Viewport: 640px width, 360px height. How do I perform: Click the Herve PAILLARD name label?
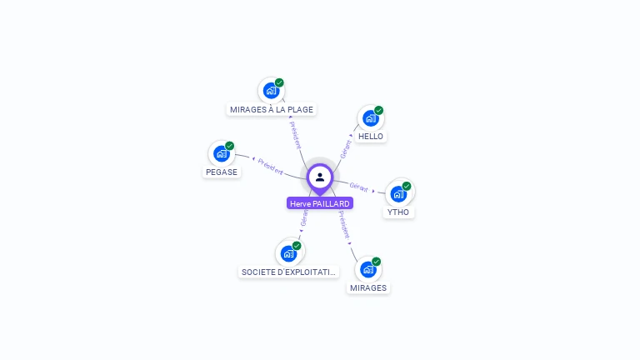(320, 203)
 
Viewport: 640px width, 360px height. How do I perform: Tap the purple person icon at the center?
(320, 177)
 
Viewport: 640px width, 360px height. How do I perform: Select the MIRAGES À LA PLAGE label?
(272, 109)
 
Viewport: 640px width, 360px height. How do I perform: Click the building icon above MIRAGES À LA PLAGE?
(270, 90)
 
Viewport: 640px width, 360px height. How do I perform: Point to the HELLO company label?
(370, 136)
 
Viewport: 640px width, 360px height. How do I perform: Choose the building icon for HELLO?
(370, 117)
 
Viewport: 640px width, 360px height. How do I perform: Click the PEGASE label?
(222, 172)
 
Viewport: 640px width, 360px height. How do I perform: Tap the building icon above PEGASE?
(221, 153)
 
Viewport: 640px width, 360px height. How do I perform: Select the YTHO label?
(398, 212)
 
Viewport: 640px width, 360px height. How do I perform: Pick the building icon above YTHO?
(398, 193)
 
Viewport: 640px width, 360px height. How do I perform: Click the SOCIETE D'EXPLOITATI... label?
(288, 272)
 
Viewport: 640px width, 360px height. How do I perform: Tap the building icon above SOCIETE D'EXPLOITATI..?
(288, 252)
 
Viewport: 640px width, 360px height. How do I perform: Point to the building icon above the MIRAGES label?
(367, 269)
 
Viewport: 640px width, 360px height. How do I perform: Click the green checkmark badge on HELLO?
(378, 110)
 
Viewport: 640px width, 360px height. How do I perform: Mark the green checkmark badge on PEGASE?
(229, 146)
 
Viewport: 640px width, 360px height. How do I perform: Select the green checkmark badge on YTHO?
(407, 186)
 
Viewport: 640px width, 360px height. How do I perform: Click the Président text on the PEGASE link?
(270, 166)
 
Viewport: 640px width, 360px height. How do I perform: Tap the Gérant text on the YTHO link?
(359, 187)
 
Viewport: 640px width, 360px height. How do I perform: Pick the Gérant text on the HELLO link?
(346, 148)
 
